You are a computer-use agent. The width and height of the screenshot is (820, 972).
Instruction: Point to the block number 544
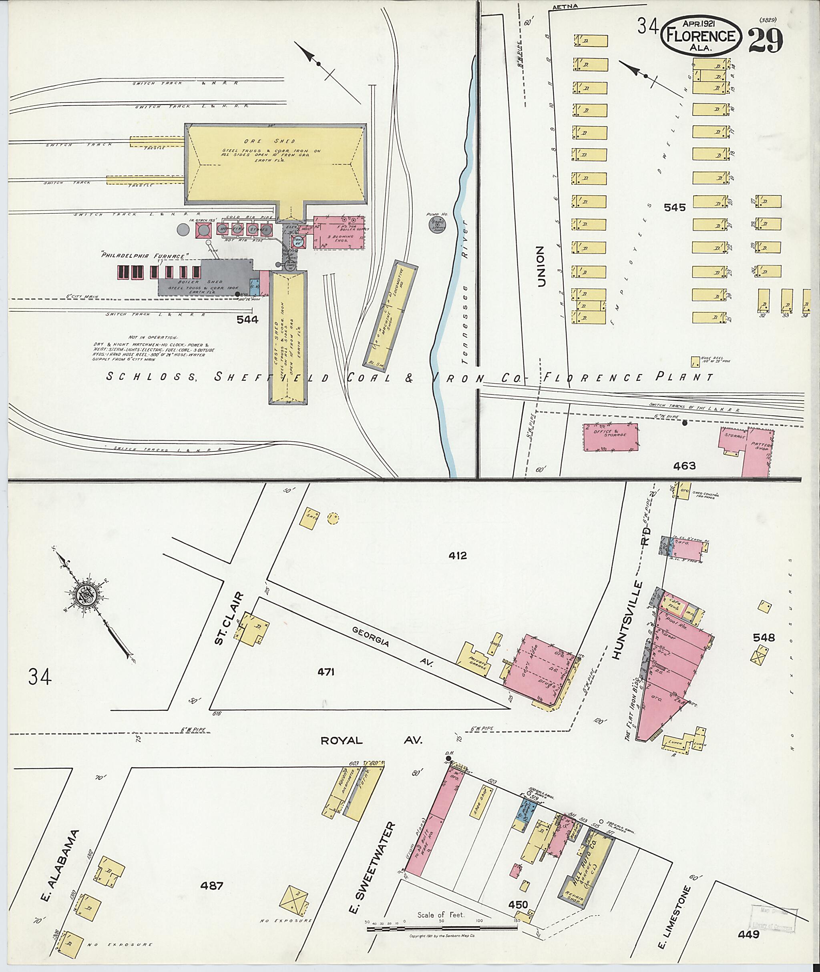tap(247, 319)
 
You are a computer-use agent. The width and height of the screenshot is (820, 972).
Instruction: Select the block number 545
tap(675, 208)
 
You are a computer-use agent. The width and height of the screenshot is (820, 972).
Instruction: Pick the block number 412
tap(458, 555)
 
